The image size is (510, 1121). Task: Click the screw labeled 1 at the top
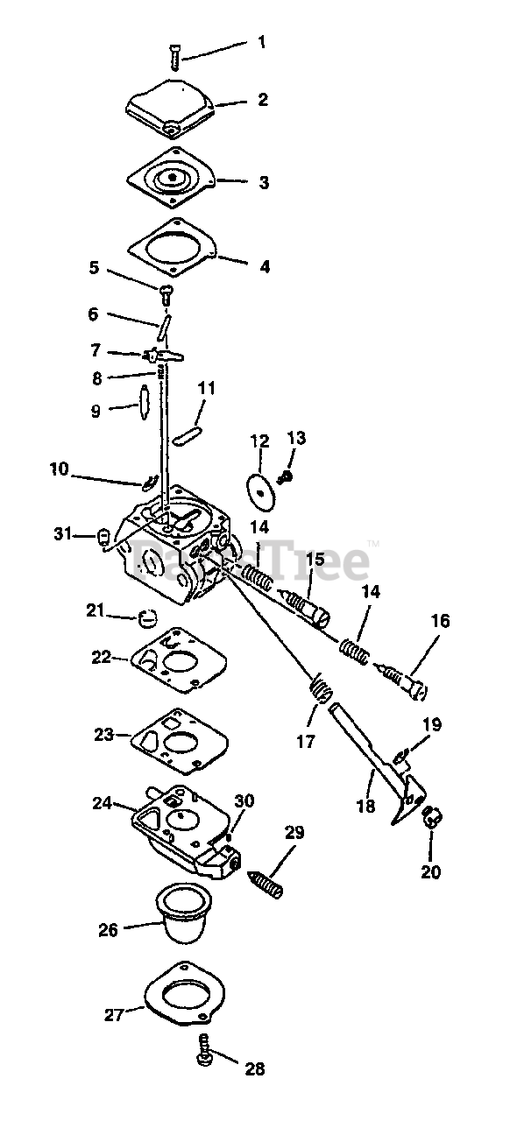pyautogui.click(x=174, y=57)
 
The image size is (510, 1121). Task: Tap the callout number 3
pyautogui.click(x=264, y=182)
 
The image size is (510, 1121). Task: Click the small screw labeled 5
pyautogui.click(x=166, y=294)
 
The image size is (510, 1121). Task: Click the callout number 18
pyautogui.click(x=365, y=807)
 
